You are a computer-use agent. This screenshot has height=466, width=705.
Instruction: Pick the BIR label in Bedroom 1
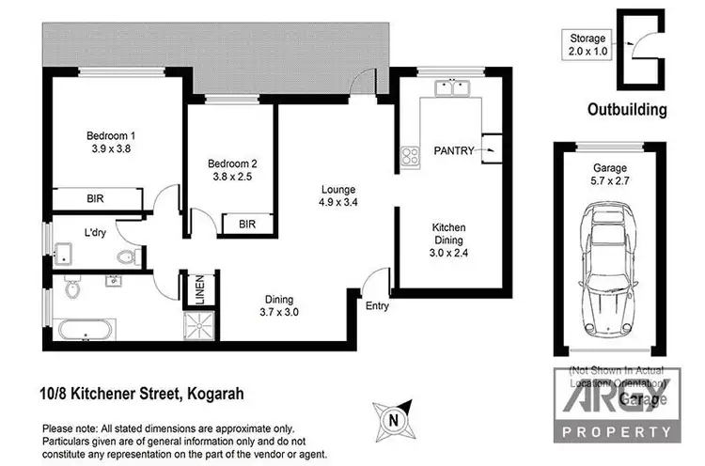pyautogui.click(x=96, y=200)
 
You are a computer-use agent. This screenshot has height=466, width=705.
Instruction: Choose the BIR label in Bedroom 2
pyautogui.click(x=247, y=225)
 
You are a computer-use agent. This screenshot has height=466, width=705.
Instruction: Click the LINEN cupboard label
pyautogui.click(x=199, y=289)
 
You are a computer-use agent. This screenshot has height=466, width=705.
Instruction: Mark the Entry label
pyautogui.click(x=378, y=305)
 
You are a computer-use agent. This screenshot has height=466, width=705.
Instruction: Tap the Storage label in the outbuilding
pyautogui.click(x=588, y=38)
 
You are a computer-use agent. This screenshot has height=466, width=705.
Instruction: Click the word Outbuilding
pyautogui.click(x=627, y=110)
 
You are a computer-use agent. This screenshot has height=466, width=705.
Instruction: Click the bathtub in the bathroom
pyautogui.click(x=86, y=330)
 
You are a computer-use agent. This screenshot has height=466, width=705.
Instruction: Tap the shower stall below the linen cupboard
pyautogui.click(x=199, y=325)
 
